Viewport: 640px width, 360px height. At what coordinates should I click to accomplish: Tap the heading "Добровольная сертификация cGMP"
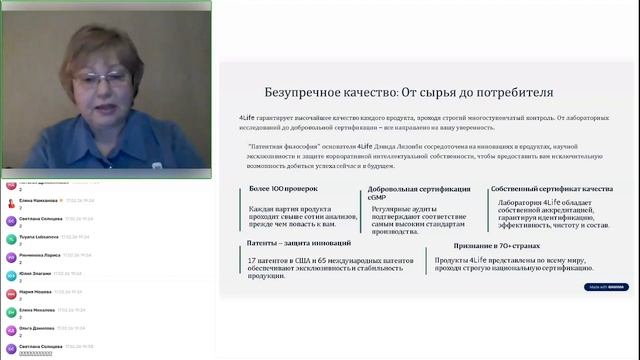(x=398, y=193)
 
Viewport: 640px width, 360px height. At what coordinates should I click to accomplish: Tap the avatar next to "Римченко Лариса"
(x=10, y=258)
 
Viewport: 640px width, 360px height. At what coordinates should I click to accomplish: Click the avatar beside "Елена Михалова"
(x=10, y=313)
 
